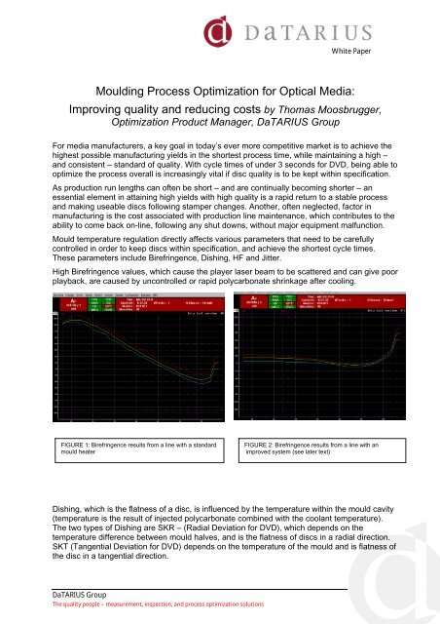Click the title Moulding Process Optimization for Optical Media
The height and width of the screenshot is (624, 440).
click(x=219, y=91)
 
